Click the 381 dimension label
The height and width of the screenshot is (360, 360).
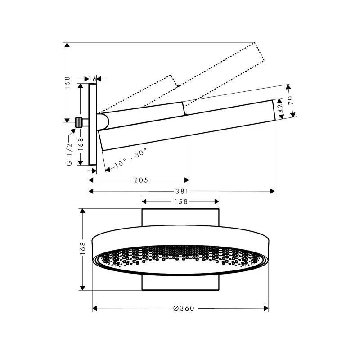click(182, 191)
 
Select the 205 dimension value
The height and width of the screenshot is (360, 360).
click(141, 180)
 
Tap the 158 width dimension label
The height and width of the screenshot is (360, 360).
click(181, 202)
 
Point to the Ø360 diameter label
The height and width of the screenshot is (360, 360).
click(184, 308)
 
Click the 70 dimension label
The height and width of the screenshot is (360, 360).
click(290, 100)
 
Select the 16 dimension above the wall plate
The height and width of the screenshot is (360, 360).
click(93, 79)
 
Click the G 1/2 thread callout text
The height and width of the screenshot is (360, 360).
click(69, 154)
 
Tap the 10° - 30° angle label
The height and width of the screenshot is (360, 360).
click(130, 158)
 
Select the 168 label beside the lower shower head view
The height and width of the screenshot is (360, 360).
click(82, 248)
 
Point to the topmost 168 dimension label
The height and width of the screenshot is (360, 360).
click(67, 83)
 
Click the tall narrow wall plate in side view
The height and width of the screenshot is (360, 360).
click(93, 125)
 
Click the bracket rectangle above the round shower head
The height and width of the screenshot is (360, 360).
click(180, 217)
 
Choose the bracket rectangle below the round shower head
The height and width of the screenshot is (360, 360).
click(180, 283)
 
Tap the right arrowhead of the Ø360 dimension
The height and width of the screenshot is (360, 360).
click(266, 308)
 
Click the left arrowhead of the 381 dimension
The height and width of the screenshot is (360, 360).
click(91, 191)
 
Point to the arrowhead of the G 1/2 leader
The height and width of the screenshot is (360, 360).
click(73, 130)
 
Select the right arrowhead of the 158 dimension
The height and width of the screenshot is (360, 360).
click(216, 202)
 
